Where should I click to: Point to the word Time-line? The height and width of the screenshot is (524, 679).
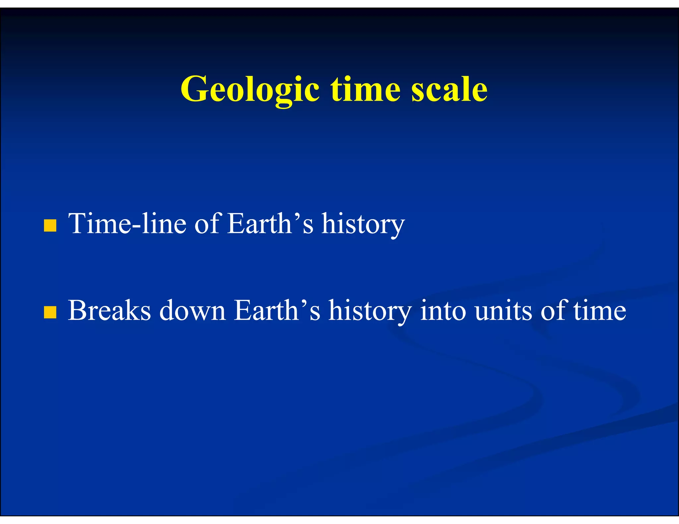click(127, 224)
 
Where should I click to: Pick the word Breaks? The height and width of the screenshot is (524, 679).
click(109, 311)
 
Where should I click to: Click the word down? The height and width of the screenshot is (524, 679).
click(192, 311)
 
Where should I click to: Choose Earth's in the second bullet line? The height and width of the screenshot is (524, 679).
click(277, 311)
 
